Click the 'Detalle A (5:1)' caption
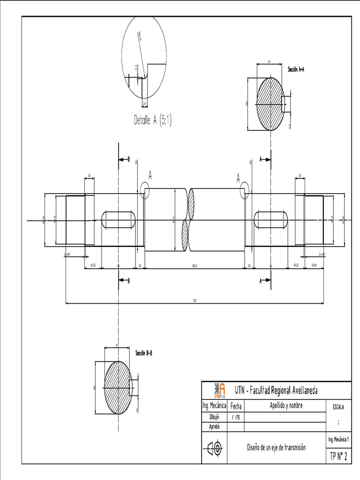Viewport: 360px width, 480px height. (x=153, y=120)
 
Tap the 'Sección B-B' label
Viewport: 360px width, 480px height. (x=143, y=352)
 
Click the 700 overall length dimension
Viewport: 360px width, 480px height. (x=195, y=300)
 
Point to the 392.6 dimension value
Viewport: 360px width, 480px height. (x=194, y=265)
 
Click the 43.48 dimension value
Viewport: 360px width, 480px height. (x=314, y=265)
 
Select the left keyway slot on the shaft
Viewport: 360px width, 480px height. (x=119, y=219)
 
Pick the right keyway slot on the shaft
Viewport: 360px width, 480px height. (x=271, y=219)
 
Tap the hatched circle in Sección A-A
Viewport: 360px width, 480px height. (x=270, y=104)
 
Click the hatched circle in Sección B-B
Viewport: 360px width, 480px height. (x=118, y=387)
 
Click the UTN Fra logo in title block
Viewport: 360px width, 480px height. (x=219, y=390)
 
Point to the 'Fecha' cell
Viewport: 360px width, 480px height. (x=236, y=406)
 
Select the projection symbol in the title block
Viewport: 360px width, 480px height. (x=214, y=448)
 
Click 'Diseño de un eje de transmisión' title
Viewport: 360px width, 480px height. (x=276, y=448)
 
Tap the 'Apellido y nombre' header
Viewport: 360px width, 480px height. (x=286, y=405)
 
